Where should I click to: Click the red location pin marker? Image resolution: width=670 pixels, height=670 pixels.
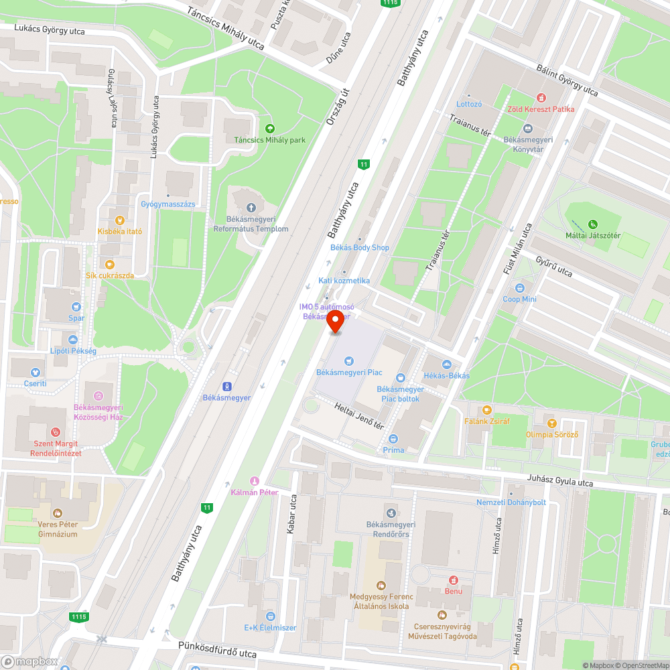336,322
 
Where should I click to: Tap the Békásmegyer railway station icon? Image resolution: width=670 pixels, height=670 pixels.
227,386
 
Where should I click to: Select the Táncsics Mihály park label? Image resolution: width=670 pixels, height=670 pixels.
270,140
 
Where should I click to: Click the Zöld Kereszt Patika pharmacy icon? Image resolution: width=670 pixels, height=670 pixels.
541,98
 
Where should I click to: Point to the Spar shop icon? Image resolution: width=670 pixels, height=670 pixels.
76,307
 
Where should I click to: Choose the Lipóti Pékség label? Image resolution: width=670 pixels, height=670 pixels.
74,351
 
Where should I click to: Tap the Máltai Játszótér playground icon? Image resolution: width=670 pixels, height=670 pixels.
592,224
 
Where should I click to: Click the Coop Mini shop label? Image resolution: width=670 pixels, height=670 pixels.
520,299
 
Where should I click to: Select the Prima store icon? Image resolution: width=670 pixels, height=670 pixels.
393,439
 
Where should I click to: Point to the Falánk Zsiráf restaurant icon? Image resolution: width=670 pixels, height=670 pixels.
487,410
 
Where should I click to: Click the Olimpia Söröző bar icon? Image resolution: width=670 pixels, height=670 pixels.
551,423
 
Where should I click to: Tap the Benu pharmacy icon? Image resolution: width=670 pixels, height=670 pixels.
454,580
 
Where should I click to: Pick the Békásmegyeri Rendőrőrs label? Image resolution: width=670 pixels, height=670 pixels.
392,529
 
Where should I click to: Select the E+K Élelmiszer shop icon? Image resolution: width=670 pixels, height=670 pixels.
270,616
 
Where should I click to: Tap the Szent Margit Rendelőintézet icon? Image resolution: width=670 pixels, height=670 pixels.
56,432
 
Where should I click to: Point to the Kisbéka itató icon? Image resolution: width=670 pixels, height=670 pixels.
120,220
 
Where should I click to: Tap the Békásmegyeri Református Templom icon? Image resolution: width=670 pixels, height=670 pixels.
251,208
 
